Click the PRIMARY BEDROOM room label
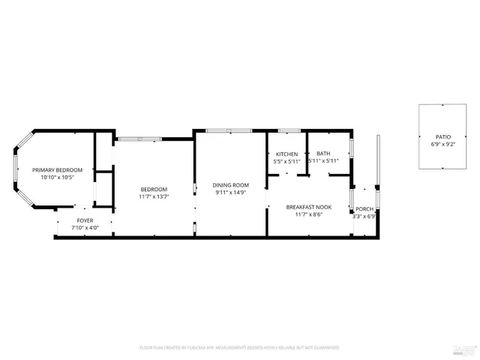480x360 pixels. (x=57, y=170)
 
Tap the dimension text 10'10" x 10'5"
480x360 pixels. (x=57, y=178)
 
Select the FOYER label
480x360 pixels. (x=85, y=220)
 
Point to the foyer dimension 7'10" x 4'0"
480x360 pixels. (x=85, y=228)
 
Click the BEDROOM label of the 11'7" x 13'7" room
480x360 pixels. (x=153, y=189)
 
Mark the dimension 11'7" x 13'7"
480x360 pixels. (x=153, y=196)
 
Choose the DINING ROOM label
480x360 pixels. (x=230, y=184)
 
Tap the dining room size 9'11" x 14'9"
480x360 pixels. (x=230, y=192)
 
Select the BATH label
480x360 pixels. (x=323, y=154)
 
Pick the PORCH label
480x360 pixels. (x=364, y=208)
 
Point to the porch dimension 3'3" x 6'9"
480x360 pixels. (x=364, y=217)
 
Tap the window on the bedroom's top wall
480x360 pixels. (x=139, y=138)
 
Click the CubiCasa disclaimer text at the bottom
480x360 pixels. (x=240, y=347)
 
